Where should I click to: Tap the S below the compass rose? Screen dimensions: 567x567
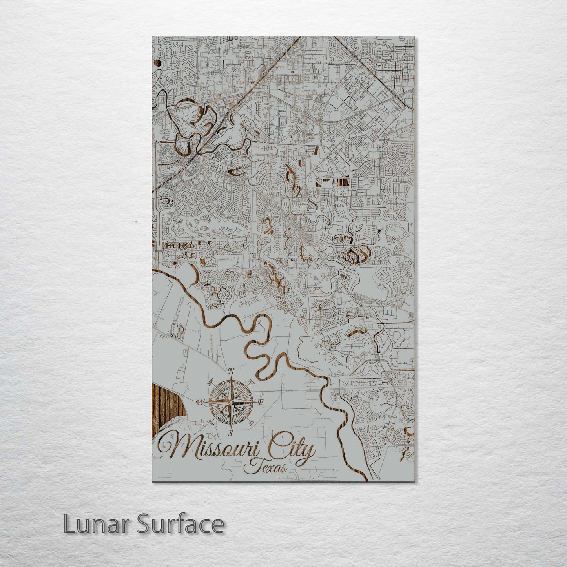(x=231, y=432)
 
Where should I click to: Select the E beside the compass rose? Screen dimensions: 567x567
(x=261, y=403)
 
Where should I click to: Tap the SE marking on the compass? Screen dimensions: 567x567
(x=252, y=422)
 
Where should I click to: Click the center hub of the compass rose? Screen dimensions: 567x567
(x=231, y=402)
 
